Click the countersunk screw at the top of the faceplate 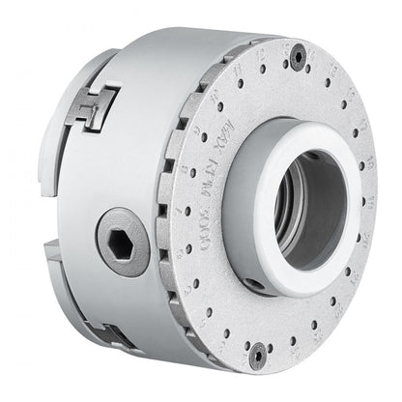[x=299, y=56]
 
